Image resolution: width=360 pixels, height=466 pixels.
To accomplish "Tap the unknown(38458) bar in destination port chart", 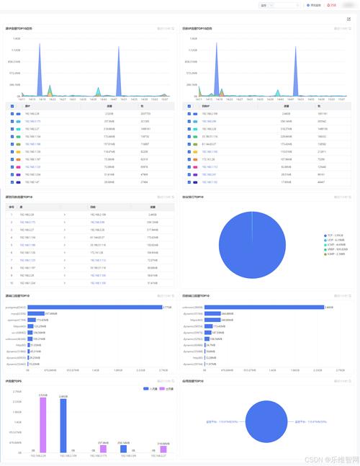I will click(x=266, y=307).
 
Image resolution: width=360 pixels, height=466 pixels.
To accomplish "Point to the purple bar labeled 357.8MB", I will click(x=104, y=448).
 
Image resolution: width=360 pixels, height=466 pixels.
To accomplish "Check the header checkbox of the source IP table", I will click(x=12, y=105).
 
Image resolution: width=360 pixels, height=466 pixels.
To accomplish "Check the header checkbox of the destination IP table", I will click(x=189, y=105).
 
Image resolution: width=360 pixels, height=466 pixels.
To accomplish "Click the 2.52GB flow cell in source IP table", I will click(x=109, y=113).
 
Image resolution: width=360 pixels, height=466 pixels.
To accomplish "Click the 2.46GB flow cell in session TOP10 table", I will click(x=152, y=215).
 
